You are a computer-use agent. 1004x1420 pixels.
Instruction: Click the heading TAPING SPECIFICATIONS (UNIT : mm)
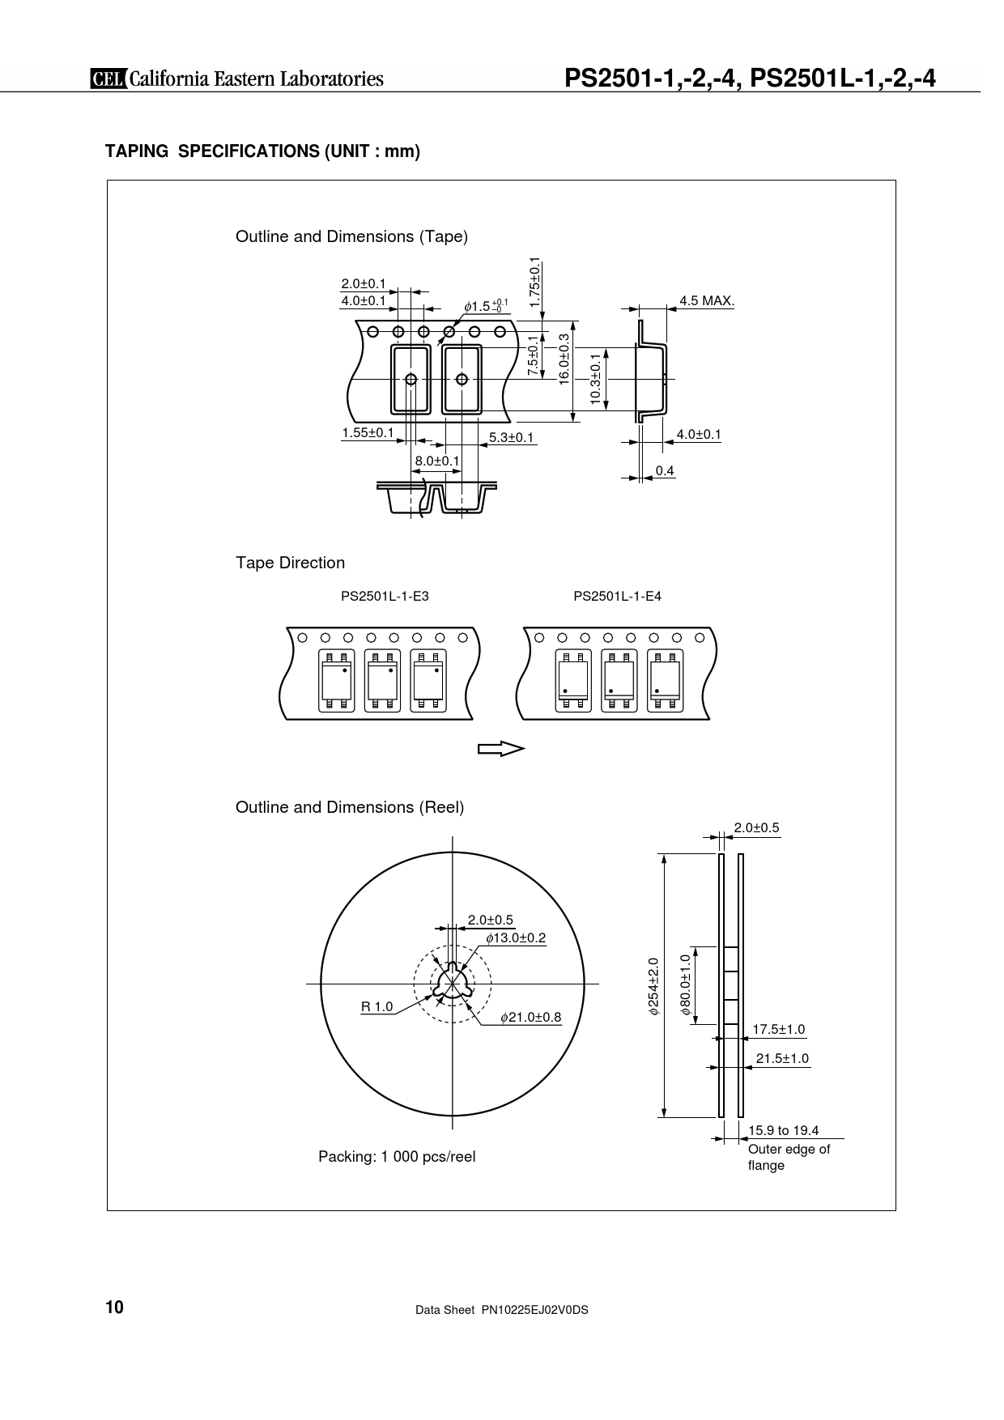263,151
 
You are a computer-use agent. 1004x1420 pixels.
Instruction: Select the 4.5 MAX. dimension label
707,301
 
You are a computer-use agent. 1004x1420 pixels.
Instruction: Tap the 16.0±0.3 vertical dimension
564,359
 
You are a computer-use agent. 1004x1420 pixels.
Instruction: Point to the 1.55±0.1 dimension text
368,433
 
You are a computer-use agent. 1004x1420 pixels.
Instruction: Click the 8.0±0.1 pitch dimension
437,461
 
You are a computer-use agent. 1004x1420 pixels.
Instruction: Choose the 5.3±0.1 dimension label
512,438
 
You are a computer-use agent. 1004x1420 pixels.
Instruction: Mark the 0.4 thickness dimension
665,470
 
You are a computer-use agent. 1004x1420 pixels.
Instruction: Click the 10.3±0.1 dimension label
596,378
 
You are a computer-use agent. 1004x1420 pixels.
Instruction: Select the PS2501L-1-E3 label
385,597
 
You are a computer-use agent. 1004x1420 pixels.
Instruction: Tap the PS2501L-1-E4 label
618,597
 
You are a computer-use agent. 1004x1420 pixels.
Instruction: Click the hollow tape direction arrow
501,749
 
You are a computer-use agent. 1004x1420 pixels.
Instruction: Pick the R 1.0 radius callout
376,1007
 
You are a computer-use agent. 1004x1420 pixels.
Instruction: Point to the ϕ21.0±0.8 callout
531,1017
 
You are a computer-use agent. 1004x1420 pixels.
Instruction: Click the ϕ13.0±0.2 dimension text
516,938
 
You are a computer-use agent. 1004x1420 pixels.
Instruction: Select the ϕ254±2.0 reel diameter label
653,986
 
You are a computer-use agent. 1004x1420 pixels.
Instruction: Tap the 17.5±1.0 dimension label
779,1030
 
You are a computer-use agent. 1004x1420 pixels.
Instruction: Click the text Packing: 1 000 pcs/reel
397,1157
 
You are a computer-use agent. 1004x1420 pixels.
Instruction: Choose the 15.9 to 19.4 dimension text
784,1131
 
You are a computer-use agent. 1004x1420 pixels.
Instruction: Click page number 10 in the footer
114,1308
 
